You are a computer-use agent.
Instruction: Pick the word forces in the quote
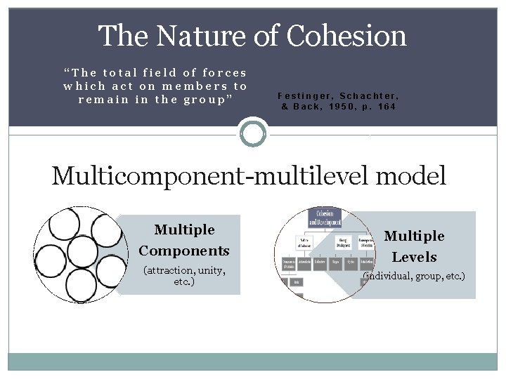point(225,72)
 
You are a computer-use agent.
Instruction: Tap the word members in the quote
point(186,86)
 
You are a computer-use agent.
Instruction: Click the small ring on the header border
point(253,132)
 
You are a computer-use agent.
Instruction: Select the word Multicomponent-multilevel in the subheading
point(210,175)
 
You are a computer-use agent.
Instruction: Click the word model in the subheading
point(410,175)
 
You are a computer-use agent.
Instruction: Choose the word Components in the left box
point(184,251)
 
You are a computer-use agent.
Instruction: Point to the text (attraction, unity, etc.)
point(184,276)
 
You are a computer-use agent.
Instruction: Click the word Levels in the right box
point(414,257)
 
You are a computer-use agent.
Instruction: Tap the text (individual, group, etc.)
point(414,277)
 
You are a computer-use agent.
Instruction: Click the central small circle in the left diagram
point(82,251)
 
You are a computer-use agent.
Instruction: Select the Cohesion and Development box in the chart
point(324,218)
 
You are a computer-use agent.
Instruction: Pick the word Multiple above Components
point(184,230)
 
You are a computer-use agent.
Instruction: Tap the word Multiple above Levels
point(414,236)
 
